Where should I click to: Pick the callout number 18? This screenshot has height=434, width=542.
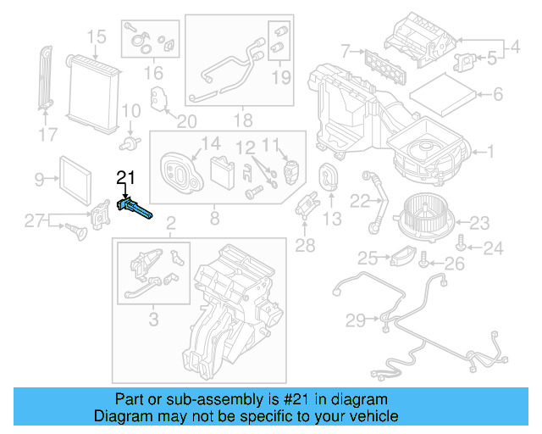[x=243, y=120]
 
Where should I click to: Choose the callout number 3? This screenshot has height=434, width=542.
[x=153, y=319]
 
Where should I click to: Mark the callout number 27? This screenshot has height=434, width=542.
[x=33, y=221]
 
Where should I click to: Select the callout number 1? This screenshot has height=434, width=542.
[x=489, y=153]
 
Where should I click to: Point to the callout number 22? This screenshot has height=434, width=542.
[x=360, y=201]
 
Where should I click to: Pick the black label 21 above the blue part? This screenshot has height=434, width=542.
[x=125, y=177]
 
